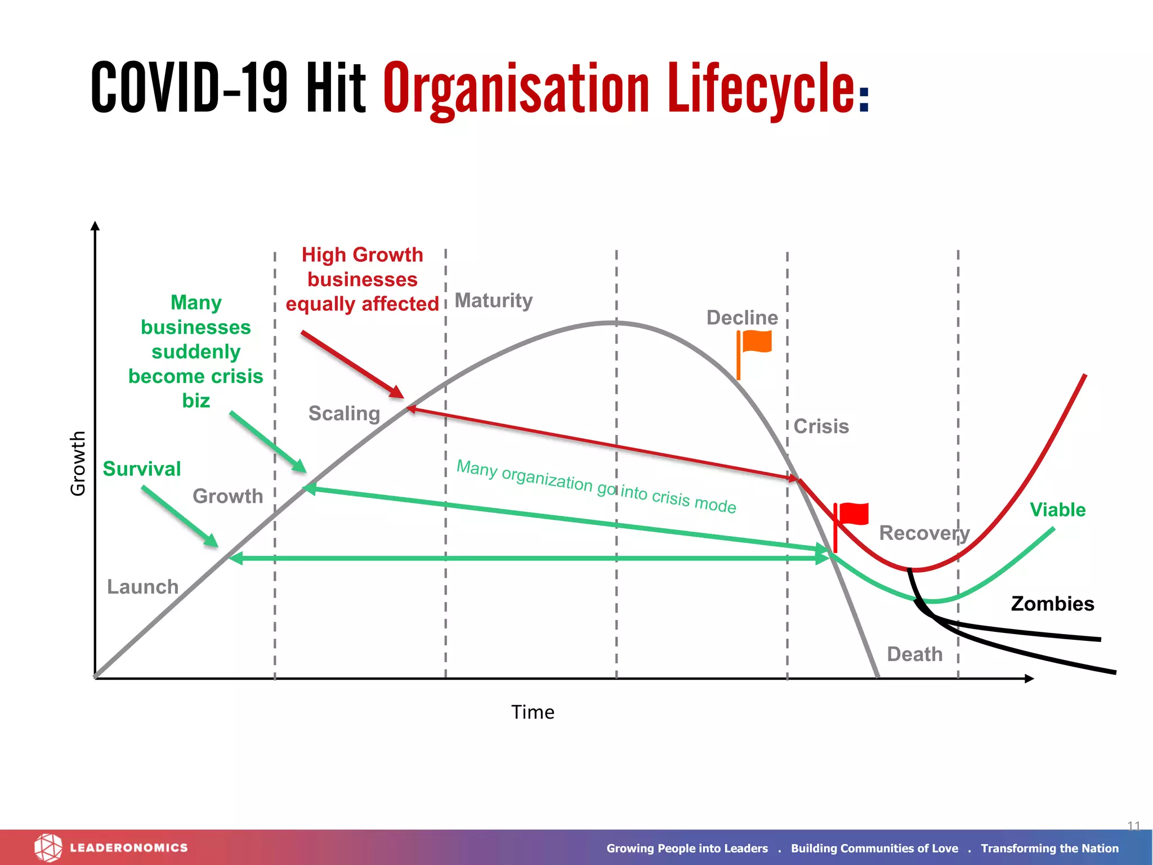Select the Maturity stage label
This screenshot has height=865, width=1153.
[493, 301]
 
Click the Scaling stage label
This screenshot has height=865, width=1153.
[344, 413]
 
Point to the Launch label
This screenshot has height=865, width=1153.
[142, 587]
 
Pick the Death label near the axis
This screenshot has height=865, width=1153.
[914, 654]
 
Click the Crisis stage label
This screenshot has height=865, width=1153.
[821, 426]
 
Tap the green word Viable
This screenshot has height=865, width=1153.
[1057, 510]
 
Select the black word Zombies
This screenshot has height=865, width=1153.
[1052, 604]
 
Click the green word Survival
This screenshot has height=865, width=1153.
[142, 469]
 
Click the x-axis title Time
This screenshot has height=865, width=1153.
[533, 712]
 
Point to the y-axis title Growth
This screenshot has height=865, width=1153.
[78, 463]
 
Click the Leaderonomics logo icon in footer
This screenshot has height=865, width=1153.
[48, 848]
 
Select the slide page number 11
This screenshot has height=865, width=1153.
[1133, 826]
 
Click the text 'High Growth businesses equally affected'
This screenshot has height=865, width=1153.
[362, 279]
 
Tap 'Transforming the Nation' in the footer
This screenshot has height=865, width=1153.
[1049, 848]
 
